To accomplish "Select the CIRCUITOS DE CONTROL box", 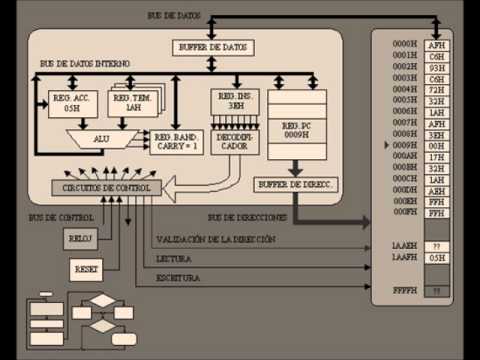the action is [x=105, y=187].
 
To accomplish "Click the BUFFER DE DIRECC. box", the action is [x=296, y=185].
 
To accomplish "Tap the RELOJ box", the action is [x=79, y=238].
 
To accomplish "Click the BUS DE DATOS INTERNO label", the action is [x=85, y=63].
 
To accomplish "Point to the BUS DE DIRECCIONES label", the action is [x=249, y=217].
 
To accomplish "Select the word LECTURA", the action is [x=174, y=258].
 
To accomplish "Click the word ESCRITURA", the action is [x=177, y=278].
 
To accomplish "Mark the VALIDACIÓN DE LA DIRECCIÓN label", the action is [x=216, y=239].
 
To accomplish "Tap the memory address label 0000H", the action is [x=403, y=46].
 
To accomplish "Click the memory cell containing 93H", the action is [x=435, y=68].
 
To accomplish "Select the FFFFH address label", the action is [x=403, y=290].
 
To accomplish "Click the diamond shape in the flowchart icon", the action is [x=101, y=301].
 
